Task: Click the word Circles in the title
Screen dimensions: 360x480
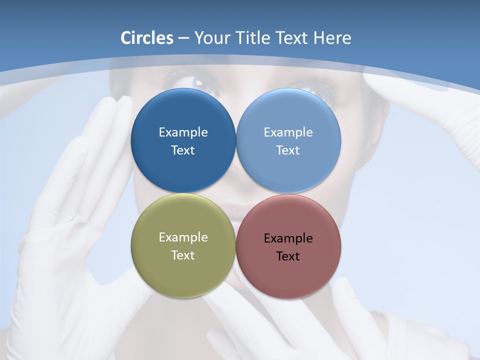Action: [x=146, y=38]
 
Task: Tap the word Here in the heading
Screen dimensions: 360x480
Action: [x=332, y=38]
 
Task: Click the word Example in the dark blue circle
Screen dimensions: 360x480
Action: [x=183, y=132]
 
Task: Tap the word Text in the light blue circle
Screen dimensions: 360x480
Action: [x=288, y=150]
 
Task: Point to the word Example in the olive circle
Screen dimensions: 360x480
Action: [x=183, y=237]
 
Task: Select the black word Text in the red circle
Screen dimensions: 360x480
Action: [x=288, y=256]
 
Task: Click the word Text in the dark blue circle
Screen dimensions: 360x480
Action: [x=183, y=150]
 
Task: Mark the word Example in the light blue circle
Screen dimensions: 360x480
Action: [x=288, y=132]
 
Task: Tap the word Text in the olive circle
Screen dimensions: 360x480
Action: [x=183, y=255]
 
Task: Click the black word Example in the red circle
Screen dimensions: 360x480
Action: [x=288, y=238]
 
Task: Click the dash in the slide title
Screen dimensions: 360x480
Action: [x=183, y=38]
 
